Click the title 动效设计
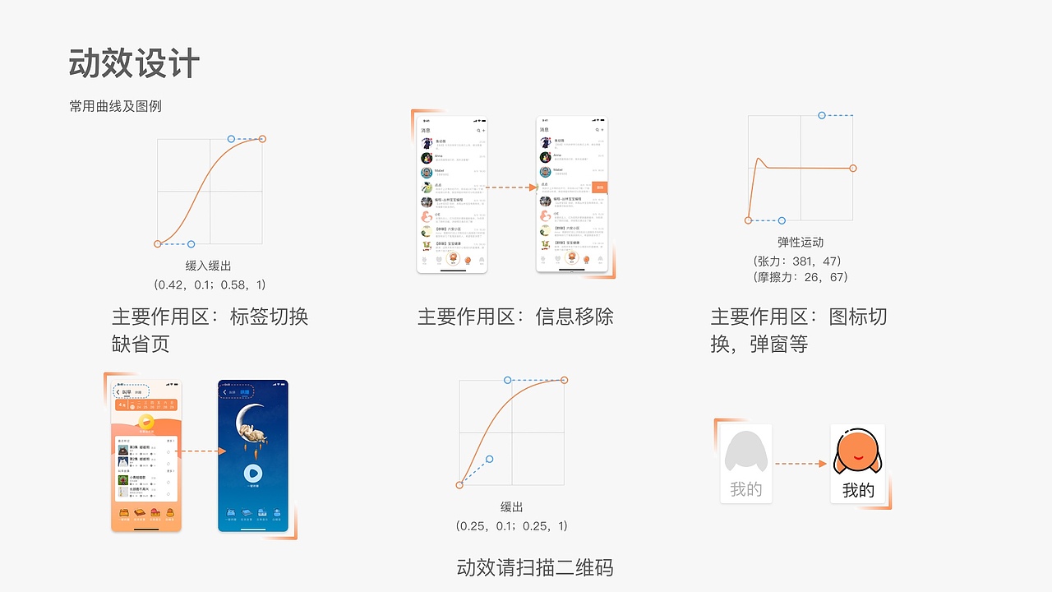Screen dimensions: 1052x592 pos(134,63)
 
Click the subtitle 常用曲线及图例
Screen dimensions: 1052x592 pos(116,106)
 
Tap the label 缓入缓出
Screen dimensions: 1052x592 pos(210,266)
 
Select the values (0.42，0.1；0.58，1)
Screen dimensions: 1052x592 pos(210,284)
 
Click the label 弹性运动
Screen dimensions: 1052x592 pos(800,242)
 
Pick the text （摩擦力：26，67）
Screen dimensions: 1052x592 pos(800,277)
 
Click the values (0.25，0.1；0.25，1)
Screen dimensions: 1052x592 pos(511,525)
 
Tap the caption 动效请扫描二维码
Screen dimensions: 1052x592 pos(535,567)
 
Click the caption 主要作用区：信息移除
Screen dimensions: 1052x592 pos(515,317)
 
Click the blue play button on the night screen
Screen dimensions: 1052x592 pos(253,474)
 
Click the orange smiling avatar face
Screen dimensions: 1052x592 pos(857,453)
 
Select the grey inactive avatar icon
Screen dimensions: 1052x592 pos(745,453)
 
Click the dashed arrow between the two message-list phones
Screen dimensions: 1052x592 pos(511,187)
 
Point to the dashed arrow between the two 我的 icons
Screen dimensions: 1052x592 pos(801,464)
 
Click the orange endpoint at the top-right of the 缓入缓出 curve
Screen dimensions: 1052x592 pos(262,139)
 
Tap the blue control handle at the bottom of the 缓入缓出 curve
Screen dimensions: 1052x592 pos(191,244)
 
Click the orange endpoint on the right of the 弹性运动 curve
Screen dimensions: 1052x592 pos(853,169)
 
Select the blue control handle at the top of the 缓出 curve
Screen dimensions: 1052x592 pos(507,380)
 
